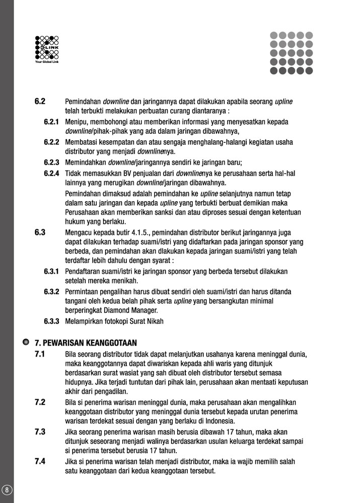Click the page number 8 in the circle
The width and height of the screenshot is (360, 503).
[x=7, y=489]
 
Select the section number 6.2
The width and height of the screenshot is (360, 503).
[x=40, y=101]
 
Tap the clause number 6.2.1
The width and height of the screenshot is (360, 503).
[x=51, y=122]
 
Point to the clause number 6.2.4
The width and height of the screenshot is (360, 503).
[x=51, y=173]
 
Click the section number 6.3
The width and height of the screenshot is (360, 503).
[x=40, y=232]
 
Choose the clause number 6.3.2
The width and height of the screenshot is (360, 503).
[x=51, y=291]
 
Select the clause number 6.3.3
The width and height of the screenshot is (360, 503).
[x=51, y=321]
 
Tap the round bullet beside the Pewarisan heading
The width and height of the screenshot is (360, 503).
[x=25, y=342]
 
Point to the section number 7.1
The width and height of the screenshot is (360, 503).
[x=40, y=354]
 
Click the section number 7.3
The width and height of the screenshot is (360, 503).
[x=40, y=432]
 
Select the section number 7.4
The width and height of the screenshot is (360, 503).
[x=40, y=461]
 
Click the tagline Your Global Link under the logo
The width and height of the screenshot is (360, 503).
[x=47, y=62]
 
